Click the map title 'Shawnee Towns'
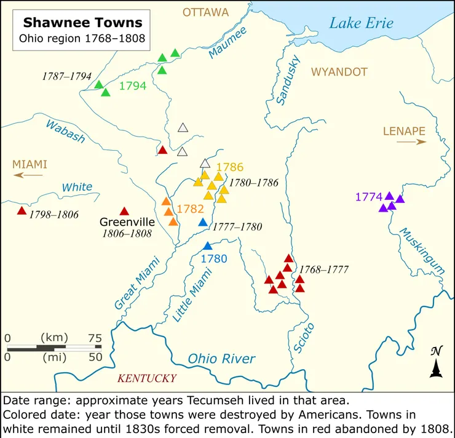[x=82, y=23]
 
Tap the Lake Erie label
[x=361, y=23]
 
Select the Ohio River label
[x=221, y=359]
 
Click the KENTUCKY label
[x=147, y=378]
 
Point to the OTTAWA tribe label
[x=205, y=12]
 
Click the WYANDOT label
[x=339, y=72]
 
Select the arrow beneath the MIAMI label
[x=29, y=175]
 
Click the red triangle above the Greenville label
[x=124, y=211]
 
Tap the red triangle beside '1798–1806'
[x=22, y=211]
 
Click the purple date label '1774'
[x=368, y=197]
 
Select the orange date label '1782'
[x=190, y=208]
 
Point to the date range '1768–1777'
[x=324, y=269]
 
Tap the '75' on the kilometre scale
[x=94, y=338]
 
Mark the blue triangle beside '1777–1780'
[x=203, y=222]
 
